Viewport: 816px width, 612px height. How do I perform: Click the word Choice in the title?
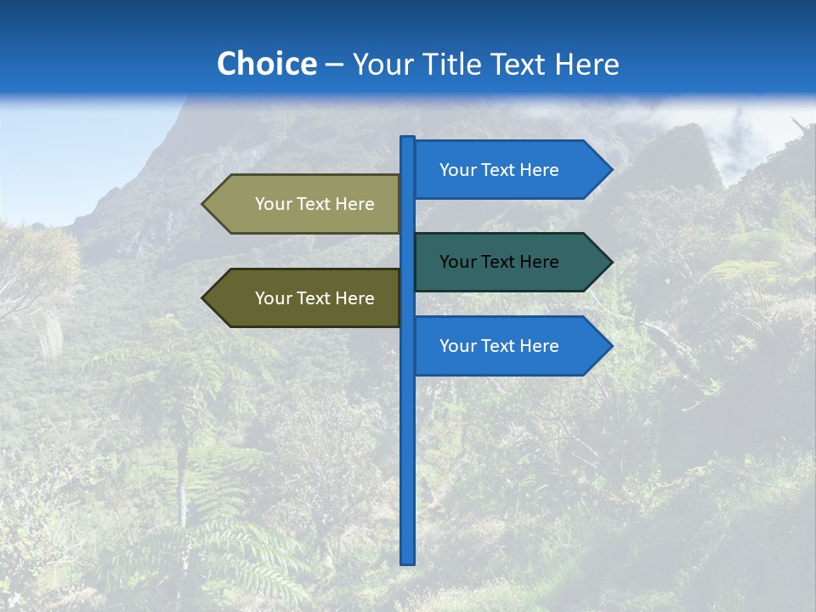click(266, 64)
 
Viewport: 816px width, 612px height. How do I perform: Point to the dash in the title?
click(334, 65)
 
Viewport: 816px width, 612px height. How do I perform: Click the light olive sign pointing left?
click(306, 204)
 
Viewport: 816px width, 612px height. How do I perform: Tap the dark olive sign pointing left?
click(306, 298)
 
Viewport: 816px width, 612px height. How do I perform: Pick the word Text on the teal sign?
click(499, 262)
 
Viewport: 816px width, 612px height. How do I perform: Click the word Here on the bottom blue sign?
click(539, 346)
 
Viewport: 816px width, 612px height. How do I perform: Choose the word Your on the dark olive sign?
click(273, 298)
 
